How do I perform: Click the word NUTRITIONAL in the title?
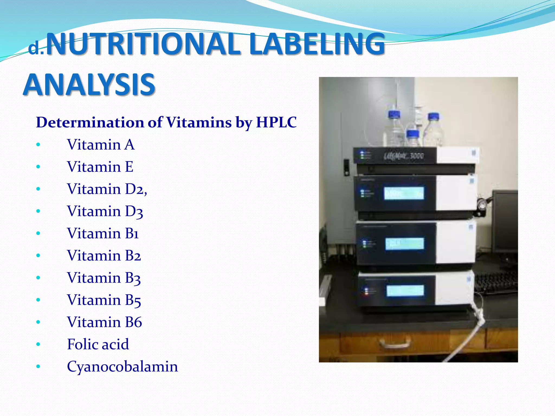click(x=144, y=44)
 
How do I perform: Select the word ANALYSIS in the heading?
click(x=89, y=84)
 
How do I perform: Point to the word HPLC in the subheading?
click(x=276, y=122)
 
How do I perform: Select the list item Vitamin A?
click(x=101, y=144)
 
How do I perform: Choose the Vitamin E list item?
click(x=100, y=167)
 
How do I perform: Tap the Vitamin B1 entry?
click(x=103, y=233)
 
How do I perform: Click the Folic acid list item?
click(x=98, y=344)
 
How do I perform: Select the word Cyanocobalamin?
click(x=122, y=366)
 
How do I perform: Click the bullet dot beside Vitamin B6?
click(x=38, y=322)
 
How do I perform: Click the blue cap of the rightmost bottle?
click(x=433, y=116)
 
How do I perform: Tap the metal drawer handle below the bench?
click(x=395, y=344)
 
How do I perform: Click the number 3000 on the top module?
click(x=417, y=156)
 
